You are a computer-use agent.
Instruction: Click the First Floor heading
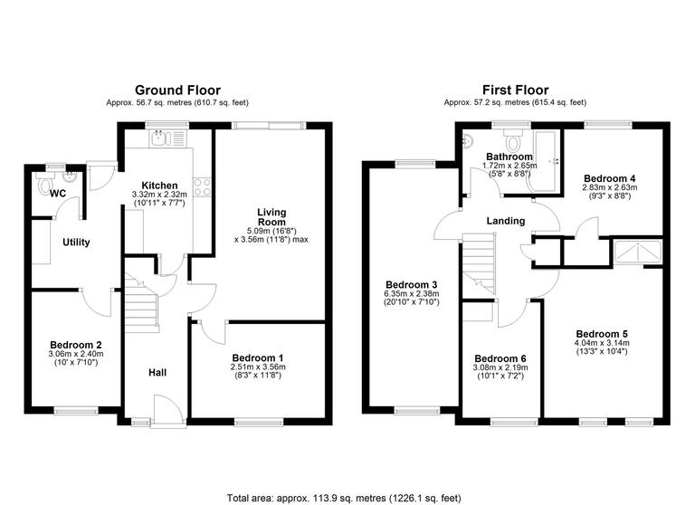[515, 90]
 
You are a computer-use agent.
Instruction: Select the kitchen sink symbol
[163, 138]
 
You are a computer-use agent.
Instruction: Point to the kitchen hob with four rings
[204, 187]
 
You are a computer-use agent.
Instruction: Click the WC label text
[59, 194]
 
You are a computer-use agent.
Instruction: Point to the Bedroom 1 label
[258, 357]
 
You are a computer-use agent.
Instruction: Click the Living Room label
[271, 216]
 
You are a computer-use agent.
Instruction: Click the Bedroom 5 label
[602, 333]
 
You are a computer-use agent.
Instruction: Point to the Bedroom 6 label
[500, 357]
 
